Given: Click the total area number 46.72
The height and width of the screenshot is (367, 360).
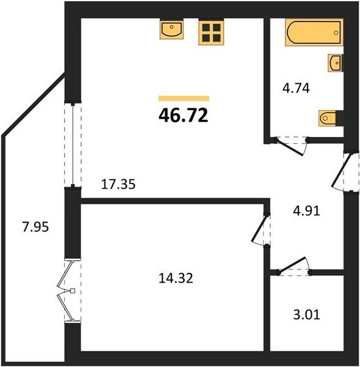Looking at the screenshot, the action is [x=183, y=116].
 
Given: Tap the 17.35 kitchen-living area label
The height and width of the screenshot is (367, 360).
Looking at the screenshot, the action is [x=118, y=184].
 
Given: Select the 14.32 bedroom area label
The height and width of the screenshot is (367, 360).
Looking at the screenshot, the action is [x=176, y=278].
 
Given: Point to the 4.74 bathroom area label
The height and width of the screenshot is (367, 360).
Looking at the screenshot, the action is [x=296, y=89].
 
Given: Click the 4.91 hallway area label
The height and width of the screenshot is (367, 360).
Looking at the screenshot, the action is [x=306, y=211].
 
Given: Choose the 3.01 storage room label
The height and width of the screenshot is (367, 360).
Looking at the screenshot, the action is [x=306, y=315].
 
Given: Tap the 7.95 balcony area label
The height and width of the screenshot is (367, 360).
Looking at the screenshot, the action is [x=35, y=227].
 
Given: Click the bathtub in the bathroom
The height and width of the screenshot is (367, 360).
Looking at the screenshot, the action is [x=314, y=32].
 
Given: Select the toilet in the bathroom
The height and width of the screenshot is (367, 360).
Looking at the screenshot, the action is [x=328, y=118].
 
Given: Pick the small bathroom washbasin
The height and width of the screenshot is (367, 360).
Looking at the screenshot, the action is [x=336, y=63].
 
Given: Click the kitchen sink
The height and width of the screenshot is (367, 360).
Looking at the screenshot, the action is [x=172, y=29].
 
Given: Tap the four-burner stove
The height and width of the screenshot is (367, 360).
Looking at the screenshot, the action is [x=211, y=32].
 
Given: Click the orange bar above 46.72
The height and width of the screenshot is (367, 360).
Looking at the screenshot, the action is [x=184, y=98].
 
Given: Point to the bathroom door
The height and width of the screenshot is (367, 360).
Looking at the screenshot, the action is [x=290, y=147].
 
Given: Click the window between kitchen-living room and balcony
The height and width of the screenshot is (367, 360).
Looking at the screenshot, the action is [x=73, y=144].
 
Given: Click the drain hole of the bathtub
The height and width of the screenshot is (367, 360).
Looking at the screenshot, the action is [x=336, y=32].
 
